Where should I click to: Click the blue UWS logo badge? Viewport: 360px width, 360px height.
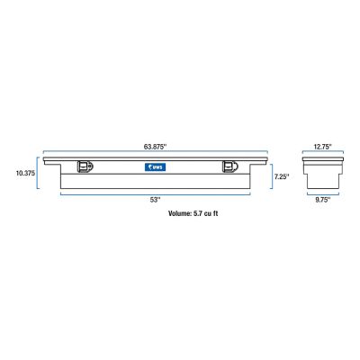[157, 166]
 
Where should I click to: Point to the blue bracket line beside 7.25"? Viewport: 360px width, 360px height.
[270, 177]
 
